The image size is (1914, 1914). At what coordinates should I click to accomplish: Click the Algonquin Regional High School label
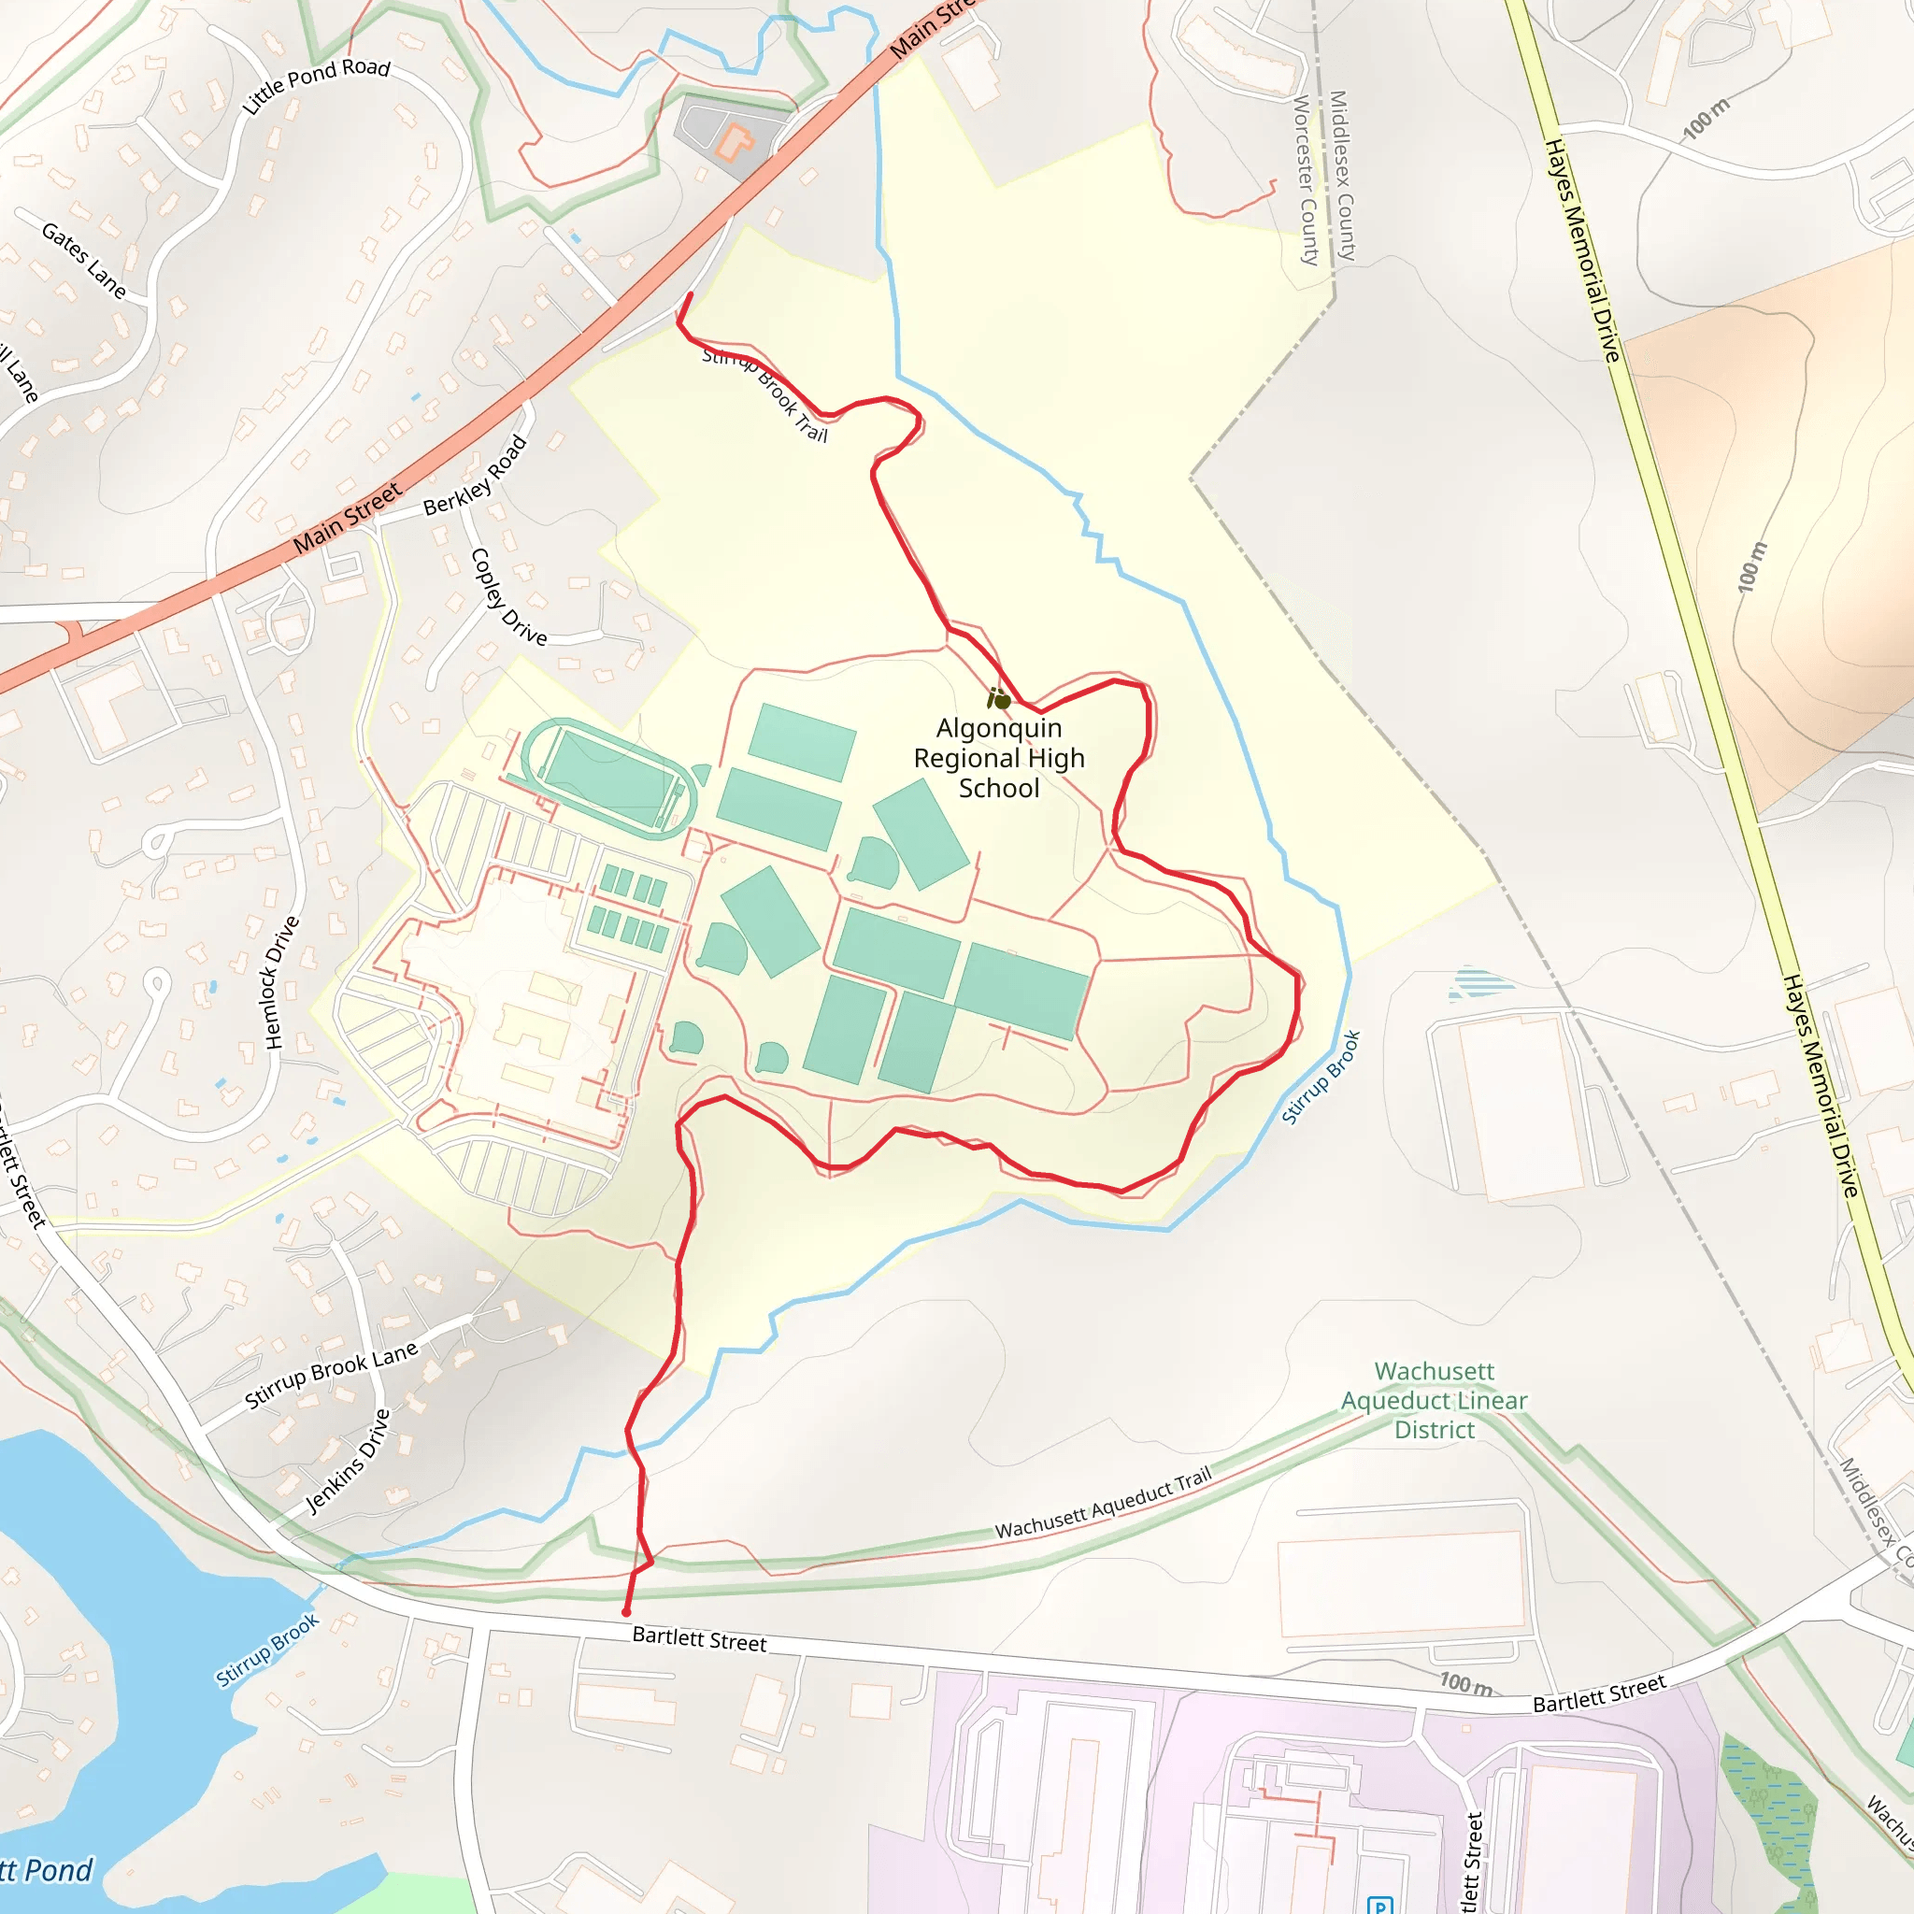pos(999,758)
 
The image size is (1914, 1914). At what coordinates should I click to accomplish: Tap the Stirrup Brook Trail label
pos(764,394)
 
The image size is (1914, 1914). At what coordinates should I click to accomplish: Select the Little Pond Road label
pos(316,85)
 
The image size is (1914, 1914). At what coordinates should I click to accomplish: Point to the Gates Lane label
pos(84,261)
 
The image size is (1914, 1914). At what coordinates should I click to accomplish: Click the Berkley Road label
pos(475,477)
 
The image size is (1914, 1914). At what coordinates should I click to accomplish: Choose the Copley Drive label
pos(508,597)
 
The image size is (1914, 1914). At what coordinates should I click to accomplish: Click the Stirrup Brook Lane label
pos(331,1375)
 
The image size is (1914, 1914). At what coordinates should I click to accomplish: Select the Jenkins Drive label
pos(348,1462)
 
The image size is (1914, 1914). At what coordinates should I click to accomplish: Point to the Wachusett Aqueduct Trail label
pos(1103,1504)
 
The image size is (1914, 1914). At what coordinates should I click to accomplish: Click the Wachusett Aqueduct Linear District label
pos(1434,1400)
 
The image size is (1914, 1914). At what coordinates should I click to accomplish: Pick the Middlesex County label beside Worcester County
pos(1341,176)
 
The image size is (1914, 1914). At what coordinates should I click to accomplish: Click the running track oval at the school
pos(609,778)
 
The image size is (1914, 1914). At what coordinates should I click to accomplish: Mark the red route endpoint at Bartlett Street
pos(626,1612)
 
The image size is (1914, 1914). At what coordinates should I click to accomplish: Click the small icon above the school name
pos(999,699)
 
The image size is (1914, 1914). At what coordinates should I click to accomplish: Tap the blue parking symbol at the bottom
pos(1380,1904)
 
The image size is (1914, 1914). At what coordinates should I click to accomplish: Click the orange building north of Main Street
pos(734,142)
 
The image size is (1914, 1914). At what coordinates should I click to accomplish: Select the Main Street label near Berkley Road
pos(348,517)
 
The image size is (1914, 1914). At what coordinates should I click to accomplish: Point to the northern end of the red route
pos(691,294)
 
